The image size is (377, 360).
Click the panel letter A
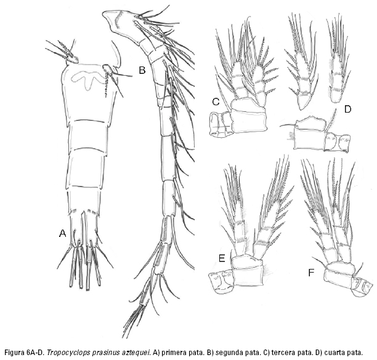tap(62, 233)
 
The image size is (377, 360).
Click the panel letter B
tap(142, 70)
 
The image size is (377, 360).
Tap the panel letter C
tap(216, 102)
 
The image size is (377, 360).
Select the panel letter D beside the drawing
tap(347, 110)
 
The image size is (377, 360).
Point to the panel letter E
tap(222, 258)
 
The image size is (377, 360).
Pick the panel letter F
tap(311, 273)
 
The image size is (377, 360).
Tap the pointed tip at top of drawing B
tap(103, 14)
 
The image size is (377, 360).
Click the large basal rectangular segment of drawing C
tap(249, 120)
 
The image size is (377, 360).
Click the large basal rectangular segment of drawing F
tap(339, 278)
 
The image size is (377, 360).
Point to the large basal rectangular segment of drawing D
tap(309, 139)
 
